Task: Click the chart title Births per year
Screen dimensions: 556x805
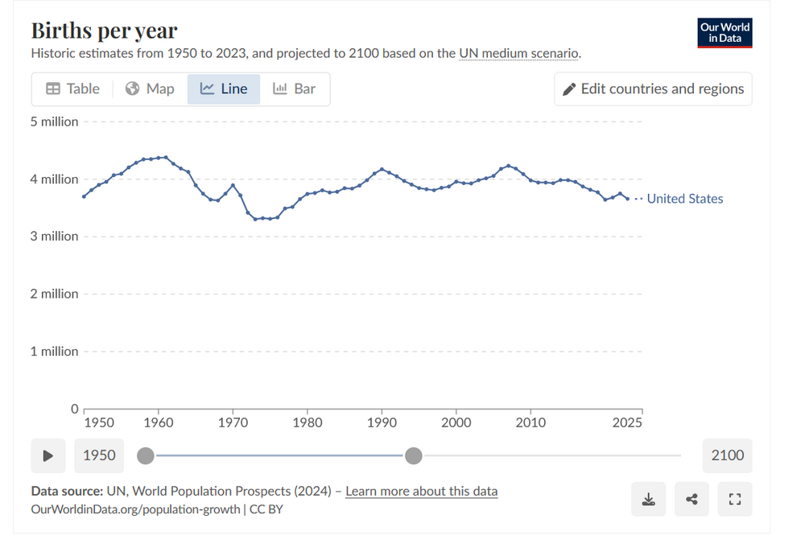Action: click(104, 31)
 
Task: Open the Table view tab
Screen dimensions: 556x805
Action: click(72, 89)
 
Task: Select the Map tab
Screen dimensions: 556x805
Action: click(151, 89)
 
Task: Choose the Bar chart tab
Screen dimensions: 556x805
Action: click(294, 89)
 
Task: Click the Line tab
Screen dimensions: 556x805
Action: click(224, 89)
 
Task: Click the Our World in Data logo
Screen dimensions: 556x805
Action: click(724, 32)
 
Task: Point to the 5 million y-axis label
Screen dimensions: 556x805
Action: click(55, 121)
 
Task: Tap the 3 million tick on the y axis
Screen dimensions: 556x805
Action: click(55, 237)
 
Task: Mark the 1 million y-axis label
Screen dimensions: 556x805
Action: click(55, 352)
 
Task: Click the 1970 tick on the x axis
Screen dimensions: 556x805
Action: click(233, 422)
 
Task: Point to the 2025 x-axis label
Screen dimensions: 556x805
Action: click(627, 422)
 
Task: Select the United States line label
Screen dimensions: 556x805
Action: click(685, 199)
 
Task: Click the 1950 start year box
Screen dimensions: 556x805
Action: click(100, 455)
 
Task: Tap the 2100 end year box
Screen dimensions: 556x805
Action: click(727, 455)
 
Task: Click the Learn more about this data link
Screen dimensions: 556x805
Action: click(421, 491)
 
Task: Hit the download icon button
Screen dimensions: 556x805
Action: click(649, 500)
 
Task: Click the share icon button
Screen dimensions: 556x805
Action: click(691, 500)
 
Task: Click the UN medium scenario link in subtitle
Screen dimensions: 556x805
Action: click(518, 54)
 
